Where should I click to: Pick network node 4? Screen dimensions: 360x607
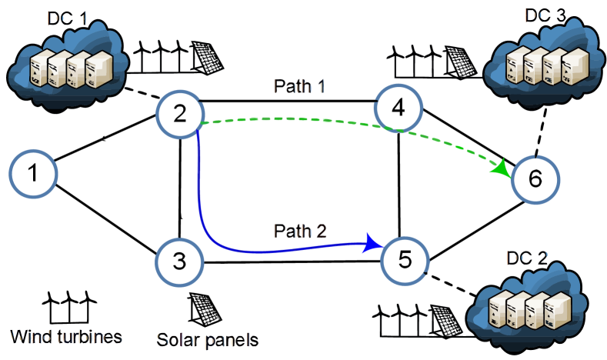399,109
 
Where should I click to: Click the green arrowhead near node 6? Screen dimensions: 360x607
505,168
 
